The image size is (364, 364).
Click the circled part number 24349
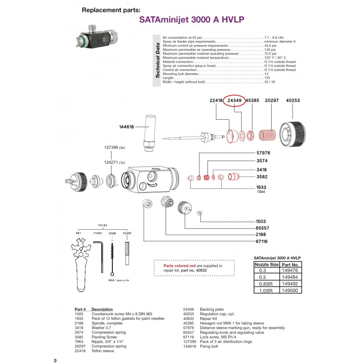pos(234,101)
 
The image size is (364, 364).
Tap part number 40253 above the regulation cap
pos(293,101)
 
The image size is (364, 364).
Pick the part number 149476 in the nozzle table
pos(290,270)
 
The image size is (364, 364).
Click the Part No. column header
pos(290,264)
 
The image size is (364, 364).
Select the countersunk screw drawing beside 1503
pos(199,212)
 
